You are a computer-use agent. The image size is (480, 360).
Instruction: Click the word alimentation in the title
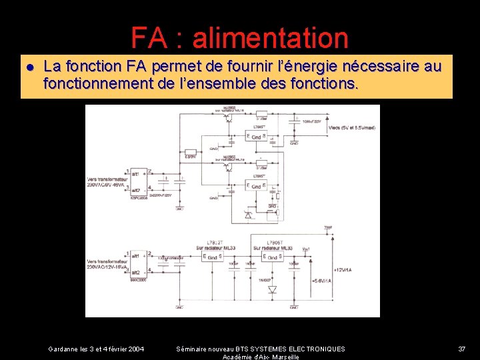point(270,38)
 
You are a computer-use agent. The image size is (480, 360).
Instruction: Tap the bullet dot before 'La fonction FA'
point(30,67)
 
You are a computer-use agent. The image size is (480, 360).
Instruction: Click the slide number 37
point(462,349)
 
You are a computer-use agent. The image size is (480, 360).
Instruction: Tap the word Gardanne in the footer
point(63,349)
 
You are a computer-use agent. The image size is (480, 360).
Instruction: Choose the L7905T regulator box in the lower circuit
point(273,257)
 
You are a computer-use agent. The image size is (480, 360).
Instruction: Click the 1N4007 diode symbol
point(272,289)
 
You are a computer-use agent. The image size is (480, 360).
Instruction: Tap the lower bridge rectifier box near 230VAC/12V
point(139,264)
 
